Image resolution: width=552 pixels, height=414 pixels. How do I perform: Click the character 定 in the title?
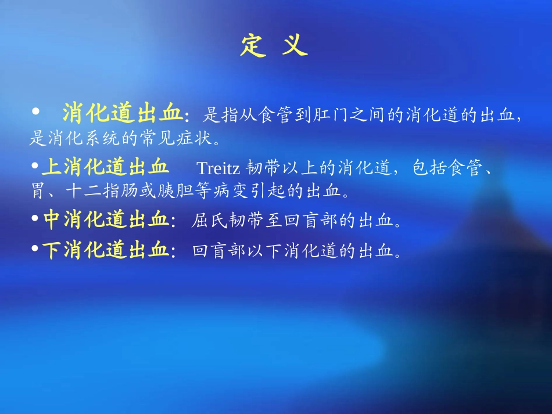tap(253, 45)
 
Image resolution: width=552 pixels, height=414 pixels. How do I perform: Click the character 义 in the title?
tap(295, 45)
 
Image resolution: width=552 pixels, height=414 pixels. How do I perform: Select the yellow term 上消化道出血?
tap(105, 168)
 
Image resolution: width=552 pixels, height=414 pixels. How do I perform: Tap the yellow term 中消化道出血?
tap(105, 220)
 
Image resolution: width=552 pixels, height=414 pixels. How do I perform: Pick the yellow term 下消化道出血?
tap(105, 251)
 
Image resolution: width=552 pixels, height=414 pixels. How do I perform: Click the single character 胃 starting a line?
tap(37, 190)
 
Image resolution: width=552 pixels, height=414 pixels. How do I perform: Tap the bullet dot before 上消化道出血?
tap(35, 167)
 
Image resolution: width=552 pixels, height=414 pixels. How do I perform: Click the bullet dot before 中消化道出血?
tap(35, 219)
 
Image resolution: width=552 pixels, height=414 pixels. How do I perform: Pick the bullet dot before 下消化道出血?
tap(35, 250)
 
